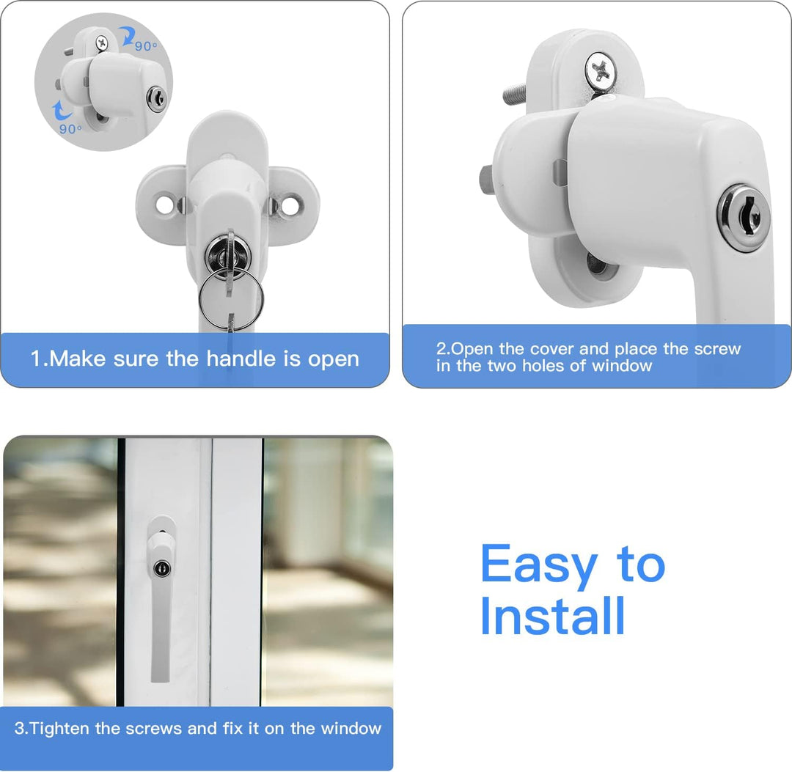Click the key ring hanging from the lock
click(x=228, y=298)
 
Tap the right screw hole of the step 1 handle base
click(x=290, y=205)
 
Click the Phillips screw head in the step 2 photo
click(x=601, y=72)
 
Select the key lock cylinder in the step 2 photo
click(x=743, y=218)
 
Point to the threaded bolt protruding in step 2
click(x=515, y=94)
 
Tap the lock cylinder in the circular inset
click(x=155, y=99)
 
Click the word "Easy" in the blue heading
click(x=538, y=565)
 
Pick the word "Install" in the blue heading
click(x=552, y=617)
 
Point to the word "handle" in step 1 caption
click(x=240, y=359)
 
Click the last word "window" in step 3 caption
click(x=349, y=729)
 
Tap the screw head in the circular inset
click(x=101, y=44)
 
